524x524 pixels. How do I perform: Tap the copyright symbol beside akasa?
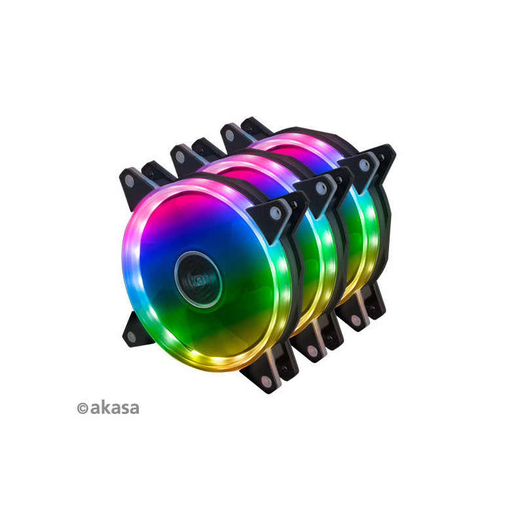83,408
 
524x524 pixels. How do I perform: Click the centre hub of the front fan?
198,280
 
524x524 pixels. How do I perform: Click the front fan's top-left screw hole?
129,181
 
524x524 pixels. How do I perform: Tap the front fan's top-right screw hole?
275,213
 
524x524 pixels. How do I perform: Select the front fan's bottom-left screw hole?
132,337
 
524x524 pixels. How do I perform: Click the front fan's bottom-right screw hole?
267,381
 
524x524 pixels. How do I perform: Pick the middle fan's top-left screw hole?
179,157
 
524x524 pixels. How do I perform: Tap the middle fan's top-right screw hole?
320,188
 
